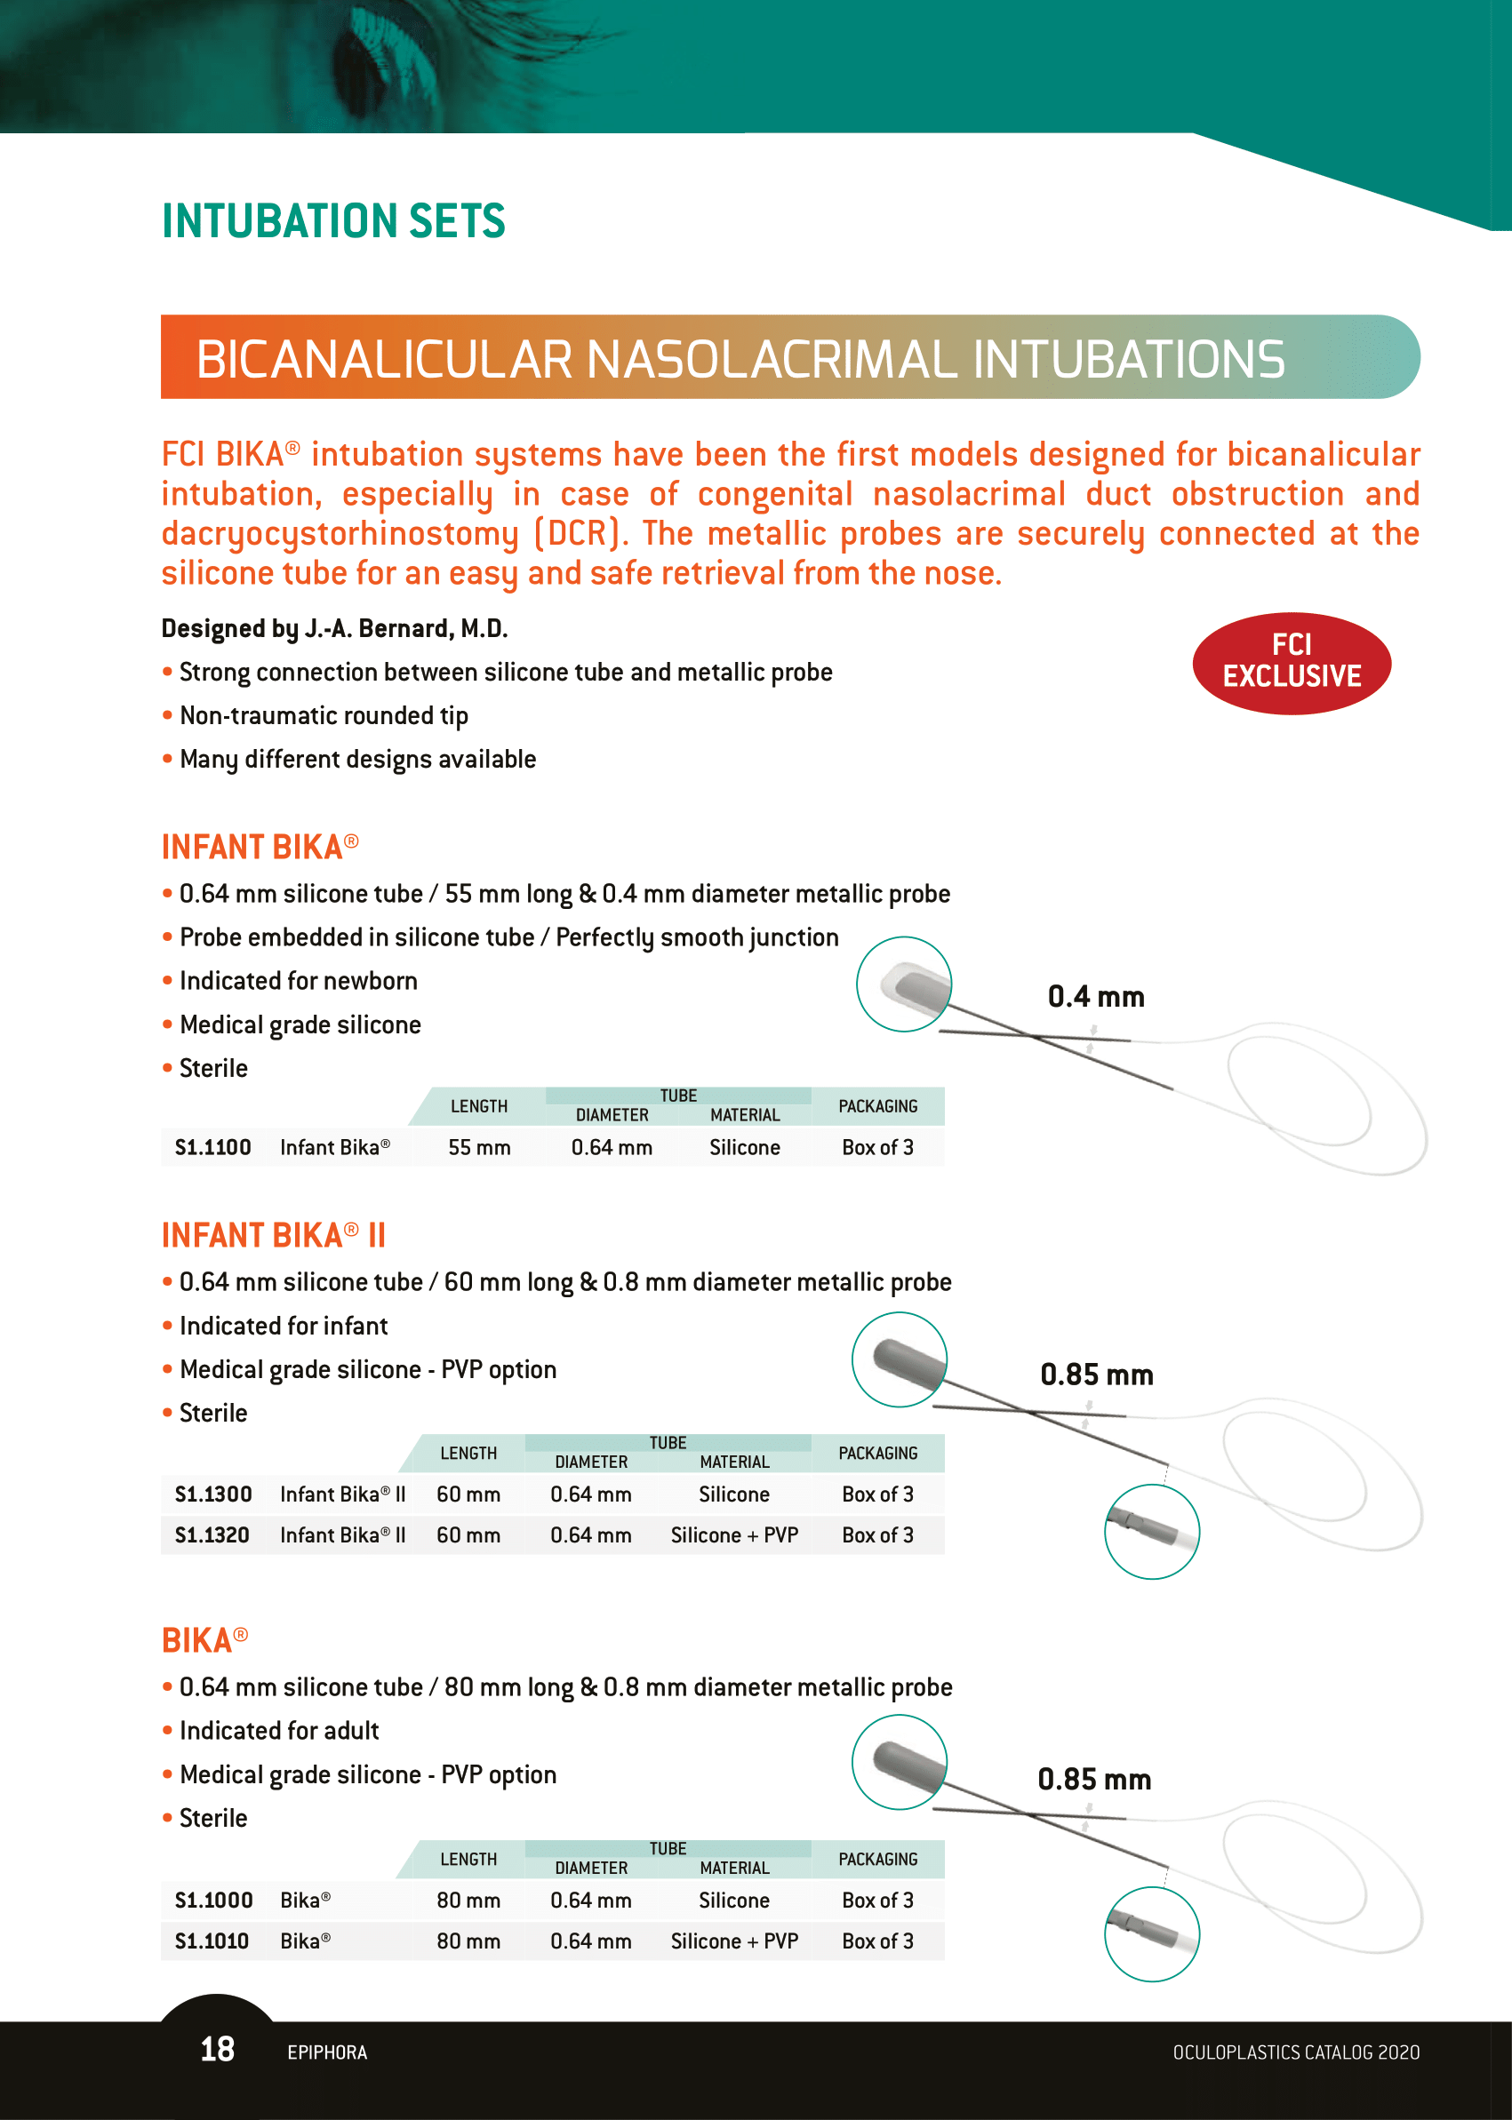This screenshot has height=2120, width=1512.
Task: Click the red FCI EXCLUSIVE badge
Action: tap(1292, 663)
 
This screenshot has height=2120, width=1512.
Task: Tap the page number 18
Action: tap(217, 2048)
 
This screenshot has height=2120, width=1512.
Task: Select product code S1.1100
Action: tap(213, 1147)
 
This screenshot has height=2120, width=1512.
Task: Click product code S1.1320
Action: tap(212, 1534)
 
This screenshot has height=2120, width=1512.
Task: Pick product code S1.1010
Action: tap(212, 1941)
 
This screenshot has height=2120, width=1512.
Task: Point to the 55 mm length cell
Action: tap(479, 1147)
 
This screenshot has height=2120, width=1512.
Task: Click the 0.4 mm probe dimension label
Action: tap(1096, 997)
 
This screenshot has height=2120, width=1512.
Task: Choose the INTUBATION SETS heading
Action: tap(333, 221)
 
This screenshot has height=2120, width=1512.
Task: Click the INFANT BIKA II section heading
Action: tap(273, 1235)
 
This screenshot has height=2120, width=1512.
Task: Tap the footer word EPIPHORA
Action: tap(327, 2052)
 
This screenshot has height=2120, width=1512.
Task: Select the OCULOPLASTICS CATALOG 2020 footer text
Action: tap(1295, 2052)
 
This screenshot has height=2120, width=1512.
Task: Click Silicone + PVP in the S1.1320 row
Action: tap(734, 1534)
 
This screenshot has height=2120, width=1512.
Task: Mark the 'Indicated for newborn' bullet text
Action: tap(298, 981)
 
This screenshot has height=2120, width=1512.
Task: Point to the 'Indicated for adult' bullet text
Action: tap(279, 1731)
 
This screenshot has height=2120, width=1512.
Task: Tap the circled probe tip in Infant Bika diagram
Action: tap(903, 984)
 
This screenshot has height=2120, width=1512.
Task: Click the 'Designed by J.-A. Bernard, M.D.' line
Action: tap(334, 629)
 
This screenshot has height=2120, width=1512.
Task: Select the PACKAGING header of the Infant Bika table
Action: tap(878, 1105)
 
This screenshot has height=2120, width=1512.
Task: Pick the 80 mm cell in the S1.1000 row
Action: tap(468, 1900)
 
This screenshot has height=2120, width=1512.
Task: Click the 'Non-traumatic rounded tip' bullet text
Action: tap(323, 715)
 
